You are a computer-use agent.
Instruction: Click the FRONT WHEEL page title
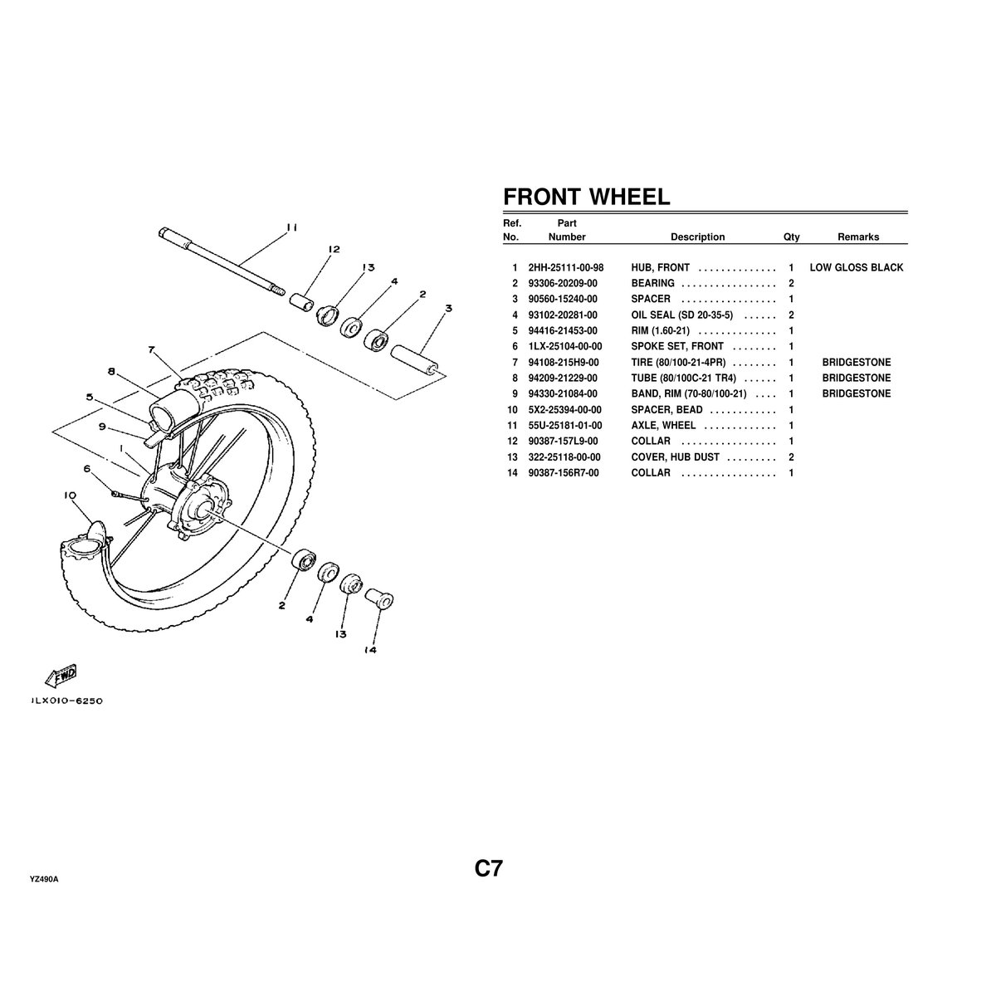coord(586,197)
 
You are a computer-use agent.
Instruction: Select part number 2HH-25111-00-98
coord(565,268)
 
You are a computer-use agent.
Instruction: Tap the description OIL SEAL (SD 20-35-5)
coord(681,315)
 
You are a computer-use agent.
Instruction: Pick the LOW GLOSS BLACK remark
coord(857,268)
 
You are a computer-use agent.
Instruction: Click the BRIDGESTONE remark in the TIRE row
coord(857,363)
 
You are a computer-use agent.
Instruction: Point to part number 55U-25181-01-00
coord(565,426)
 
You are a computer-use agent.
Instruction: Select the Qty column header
coord(791,237)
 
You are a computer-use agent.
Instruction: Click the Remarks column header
coord(857,237)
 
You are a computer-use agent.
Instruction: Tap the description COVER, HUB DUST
coord(675,457)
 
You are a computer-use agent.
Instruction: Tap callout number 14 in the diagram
coord(370,650)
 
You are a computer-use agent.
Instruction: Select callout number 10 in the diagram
coord(70,496)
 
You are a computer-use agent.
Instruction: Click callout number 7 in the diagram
coord(152,349)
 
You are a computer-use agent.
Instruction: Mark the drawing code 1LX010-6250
coord(66,701)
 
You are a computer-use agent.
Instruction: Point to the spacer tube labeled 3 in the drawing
coord(414,359)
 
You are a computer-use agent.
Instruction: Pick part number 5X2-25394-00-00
coord(565,410)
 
